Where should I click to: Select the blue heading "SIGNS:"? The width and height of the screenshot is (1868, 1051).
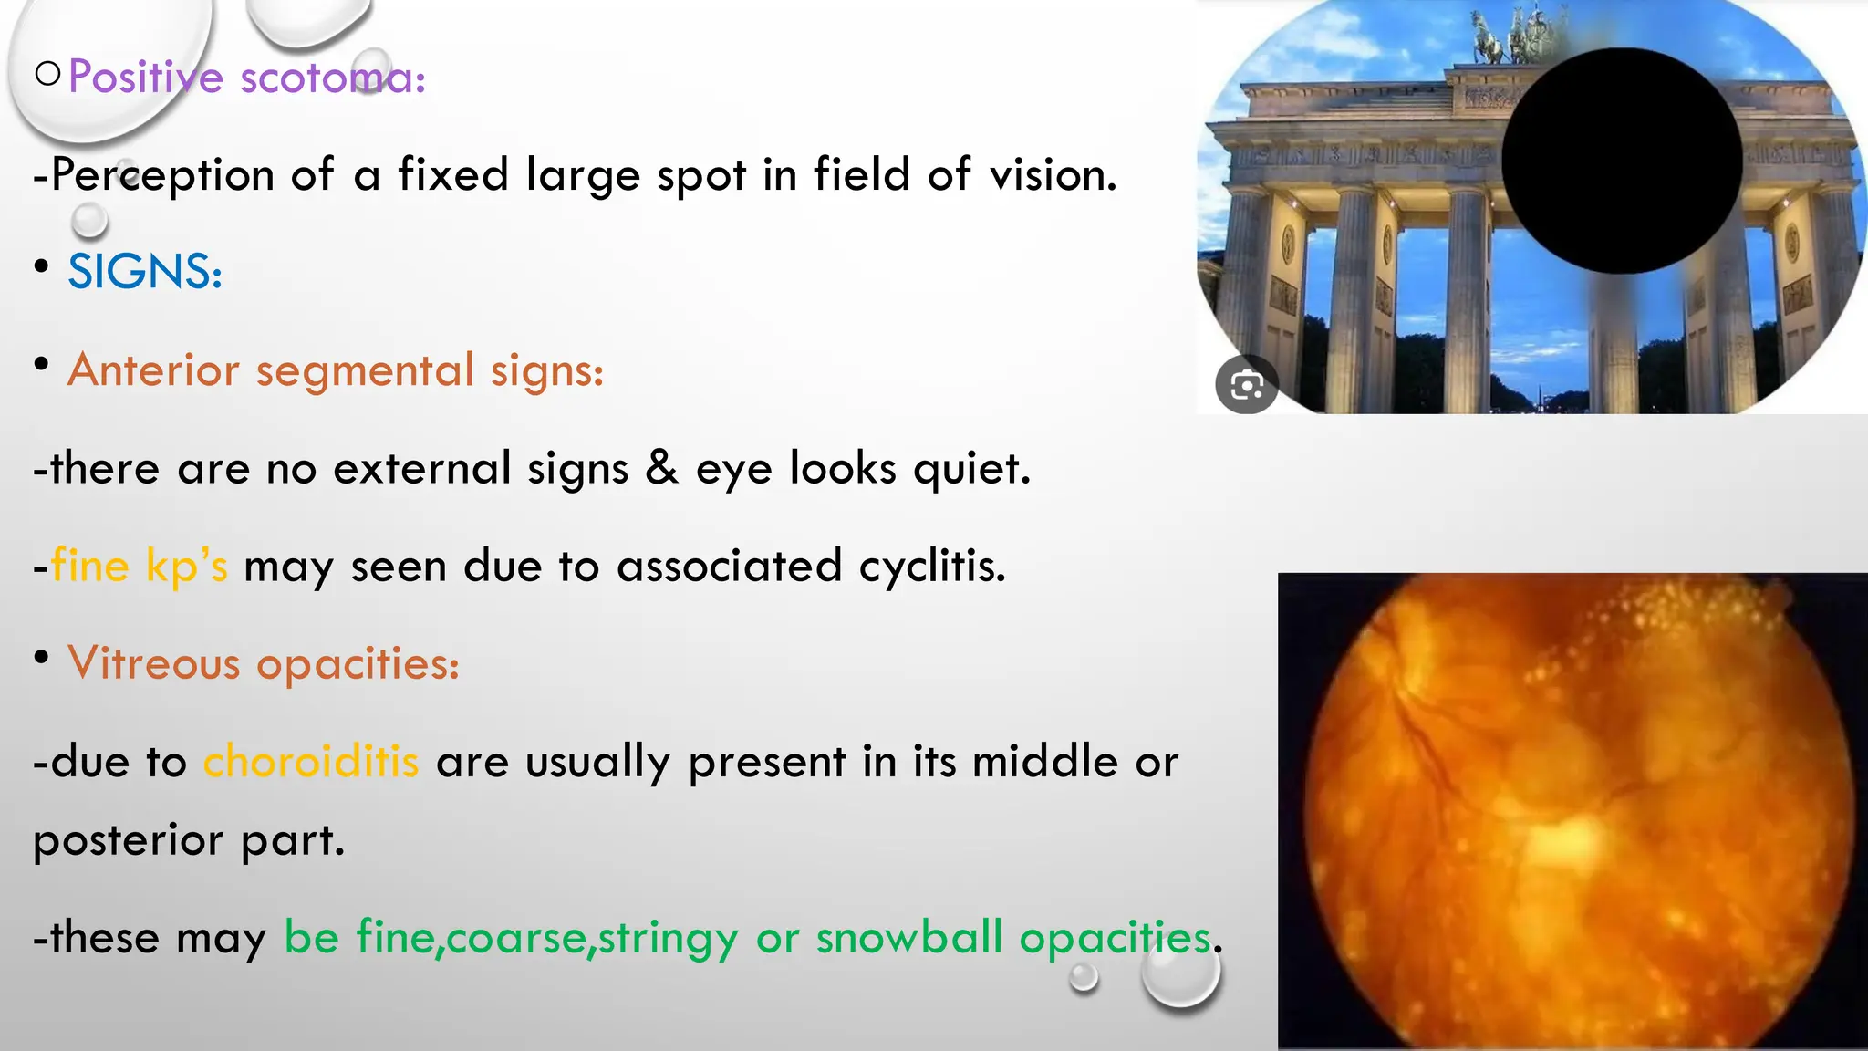[145, 272]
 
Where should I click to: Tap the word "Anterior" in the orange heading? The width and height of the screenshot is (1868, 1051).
[153, 370]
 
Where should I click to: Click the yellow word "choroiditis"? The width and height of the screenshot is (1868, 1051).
[311, 761]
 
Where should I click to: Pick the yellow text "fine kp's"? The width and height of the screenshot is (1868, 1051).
[139, 566]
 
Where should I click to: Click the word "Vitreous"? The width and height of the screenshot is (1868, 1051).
[153, 663]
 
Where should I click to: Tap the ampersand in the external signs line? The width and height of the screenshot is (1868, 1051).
[661, 467]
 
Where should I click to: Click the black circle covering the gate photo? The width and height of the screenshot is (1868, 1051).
[1622, 161]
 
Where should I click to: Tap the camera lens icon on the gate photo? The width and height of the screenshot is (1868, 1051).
[1247, 385]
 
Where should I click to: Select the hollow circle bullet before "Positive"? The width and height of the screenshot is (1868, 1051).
[48, 74]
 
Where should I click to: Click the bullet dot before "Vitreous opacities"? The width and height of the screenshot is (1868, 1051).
[41, 657]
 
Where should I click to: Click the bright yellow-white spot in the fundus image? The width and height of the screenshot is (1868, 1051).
[1564, 838]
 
